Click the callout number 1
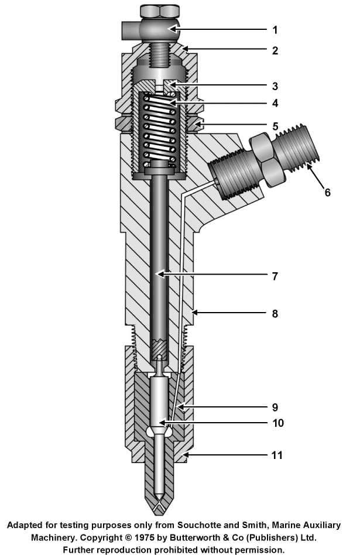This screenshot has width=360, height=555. click(275, 29)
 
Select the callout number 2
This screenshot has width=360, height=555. click(275, 51)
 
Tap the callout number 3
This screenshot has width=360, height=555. click(275, 86)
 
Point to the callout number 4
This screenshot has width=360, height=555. click(275, 104)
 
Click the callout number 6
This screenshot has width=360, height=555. click(327, 191)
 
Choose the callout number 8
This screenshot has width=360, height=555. click(275, 314)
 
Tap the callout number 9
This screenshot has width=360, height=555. click(275, 407)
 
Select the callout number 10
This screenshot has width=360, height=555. click(277, 423)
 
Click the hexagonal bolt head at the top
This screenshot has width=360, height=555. click(160, 11)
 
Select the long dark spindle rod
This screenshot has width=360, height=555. click(159, 258)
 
